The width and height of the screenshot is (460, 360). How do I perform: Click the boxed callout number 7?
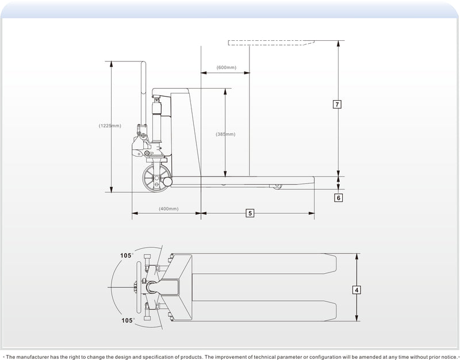point(337,104)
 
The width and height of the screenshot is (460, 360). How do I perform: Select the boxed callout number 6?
point(338,198)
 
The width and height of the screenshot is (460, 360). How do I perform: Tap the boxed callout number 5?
point(250,213)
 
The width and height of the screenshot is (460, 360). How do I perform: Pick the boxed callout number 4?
point(356,290)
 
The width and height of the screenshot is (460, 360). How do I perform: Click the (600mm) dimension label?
point(226,67)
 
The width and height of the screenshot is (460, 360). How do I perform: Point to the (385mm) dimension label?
point(225,135)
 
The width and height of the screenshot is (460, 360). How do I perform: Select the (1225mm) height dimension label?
point(110,125)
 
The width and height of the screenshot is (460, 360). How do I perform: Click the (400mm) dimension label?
point(168,209)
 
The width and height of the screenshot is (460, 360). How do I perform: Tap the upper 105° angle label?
point(126,255)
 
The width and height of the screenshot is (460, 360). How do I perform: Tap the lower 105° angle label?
point(128,320)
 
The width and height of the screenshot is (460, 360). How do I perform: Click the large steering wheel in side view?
point(156,178)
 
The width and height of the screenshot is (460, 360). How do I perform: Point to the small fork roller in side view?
point(277,186)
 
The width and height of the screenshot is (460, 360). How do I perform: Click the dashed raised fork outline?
point(271,43)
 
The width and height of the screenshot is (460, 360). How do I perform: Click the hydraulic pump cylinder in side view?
point(157,121)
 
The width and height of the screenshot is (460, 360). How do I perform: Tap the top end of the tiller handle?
point(143,62)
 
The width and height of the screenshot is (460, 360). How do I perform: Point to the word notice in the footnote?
point(448,357)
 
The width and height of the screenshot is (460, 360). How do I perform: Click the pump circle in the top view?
point(152,287)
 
